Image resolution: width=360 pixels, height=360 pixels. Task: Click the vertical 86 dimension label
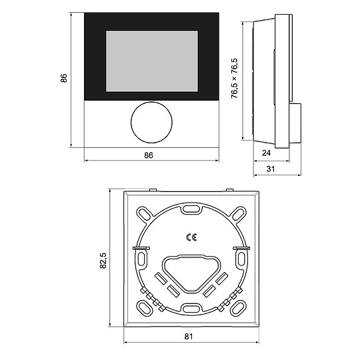click(x=64, y=79)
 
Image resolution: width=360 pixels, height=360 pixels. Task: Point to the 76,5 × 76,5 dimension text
click(x=235, y=78)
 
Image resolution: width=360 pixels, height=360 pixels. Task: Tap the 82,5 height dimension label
click(x=103, y=261)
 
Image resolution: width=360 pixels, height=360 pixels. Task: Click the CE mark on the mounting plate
click(x=190, y=236)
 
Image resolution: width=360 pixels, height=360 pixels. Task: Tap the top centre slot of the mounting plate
click(x=190, y=209)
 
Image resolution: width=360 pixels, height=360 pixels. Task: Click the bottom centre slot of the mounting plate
click(x=190, y=308)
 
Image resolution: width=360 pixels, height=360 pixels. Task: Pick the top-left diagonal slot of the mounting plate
click(x=144, y=214)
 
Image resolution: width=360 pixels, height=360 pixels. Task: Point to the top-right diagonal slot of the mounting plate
click(x=237, y=214)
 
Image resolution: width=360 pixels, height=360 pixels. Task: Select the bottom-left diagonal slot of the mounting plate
click(x=144, y=307)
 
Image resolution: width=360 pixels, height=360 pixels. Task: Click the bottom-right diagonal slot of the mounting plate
click(x=237, y=307)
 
